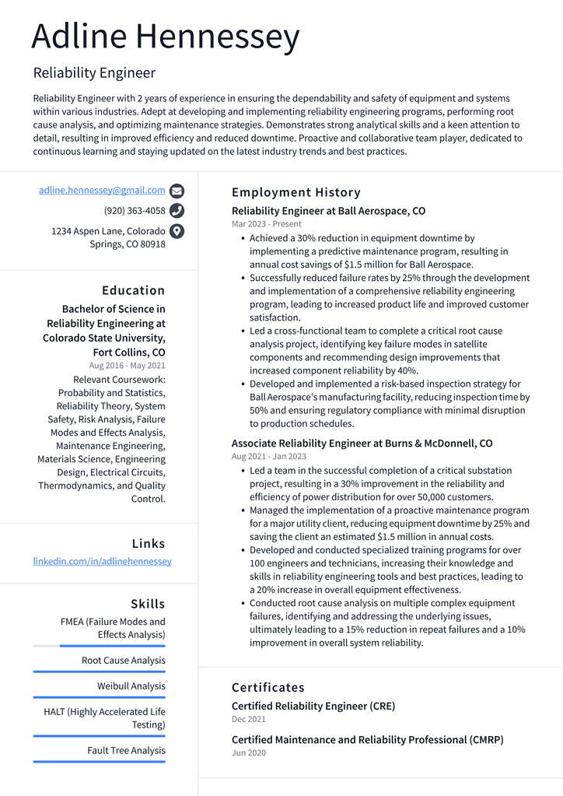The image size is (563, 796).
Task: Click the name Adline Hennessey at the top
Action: [166, 37]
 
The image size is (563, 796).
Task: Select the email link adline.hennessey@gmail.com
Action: [102, 190]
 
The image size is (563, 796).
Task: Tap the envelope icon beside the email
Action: [177, 191]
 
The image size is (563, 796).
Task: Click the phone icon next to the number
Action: [177, 211]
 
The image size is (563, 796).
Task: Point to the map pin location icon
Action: [177, 231]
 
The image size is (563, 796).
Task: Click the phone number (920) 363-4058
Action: [135, 211]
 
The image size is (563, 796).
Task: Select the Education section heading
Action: [133, 290]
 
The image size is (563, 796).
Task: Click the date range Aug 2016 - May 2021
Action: [127, 366]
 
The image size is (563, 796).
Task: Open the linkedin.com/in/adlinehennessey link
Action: [102, 561]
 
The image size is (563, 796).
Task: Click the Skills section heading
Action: [148, 604]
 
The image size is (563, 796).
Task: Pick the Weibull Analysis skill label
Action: [131, 686]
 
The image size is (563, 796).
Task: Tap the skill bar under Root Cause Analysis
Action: [99, 672]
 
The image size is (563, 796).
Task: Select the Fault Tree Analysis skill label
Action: [126, 751]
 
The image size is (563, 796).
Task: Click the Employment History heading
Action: [296, 192]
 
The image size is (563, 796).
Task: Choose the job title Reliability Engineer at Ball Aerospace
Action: [328, 211]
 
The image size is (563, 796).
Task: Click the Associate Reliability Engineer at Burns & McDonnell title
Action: [362, 444]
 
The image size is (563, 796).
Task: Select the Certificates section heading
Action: [268, 687]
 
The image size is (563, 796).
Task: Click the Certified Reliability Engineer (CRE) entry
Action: [313, 707]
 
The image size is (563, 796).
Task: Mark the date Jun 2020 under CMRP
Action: [248, 753]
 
